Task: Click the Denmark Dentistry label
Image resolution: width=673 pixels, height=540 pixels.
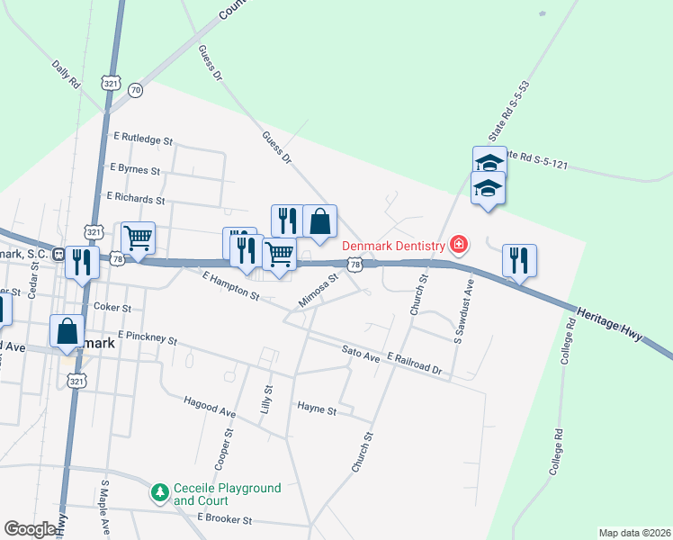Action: click(x=393, y=246)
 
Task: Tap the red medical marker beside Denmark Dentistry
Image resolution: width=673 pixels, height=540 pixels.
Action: click(x=459, y=244)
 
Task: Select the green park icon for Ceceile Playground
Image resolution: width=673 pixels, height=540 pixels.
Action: click(x=160, y=492)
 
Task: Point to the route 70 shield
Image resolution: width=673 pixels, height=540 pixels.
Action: click(x=135, y=90)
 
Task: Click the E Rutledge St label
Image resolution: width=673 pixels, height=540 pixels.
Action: click(x=143, y=139)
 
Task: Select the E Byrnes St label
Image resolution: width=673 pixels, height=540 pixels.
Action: click(x=134, y=168)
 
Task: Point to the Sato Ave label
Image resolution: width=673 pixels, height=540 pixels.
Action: click(x=361, y=354)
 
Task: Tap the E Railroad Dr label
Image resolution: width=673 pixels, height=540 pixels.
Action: click(x=415, y=364)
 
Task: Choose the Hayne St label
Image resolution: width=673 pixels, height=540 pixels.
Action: click(x=316, y=410)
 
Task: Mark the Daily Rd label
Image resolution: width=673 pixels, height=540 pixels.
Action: click(x=67, y=74)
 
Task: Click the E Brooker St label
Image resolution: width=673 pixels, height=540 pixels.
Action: click(x=226, y=520)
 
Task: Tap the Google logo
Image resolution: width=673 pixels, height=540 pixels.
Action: click(x=31, y=529)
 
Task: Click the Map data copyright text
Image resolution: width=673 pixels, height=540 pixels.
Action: click(x=633, y=532)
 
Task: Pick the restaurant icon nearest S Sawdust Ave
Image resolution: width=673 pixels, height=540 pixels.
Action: click(x=519, y=261)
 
